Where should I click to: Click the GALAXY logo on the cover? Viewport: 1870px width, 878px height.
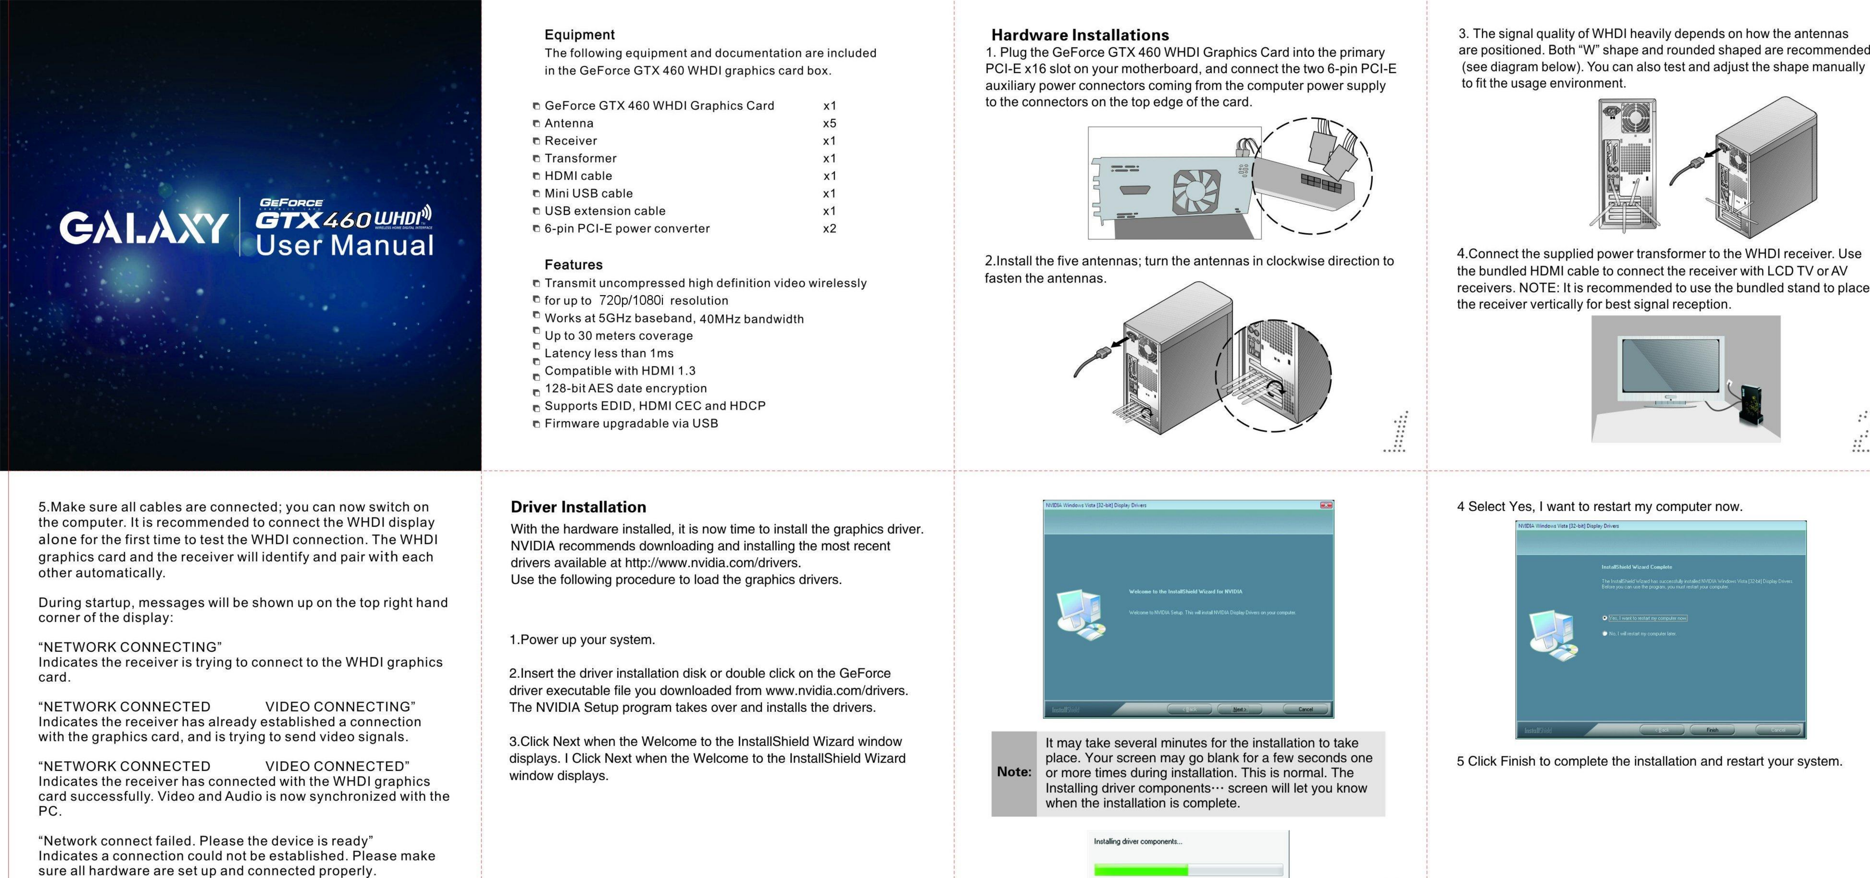tap(144, 228)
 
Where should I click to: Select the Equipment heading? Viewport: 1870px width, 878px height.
tap(579, 35)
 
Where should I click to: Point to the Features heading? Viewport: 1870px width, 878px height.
tap(574, 265)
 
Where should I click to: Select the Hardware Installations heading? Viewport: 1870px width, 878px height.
tap(1080, 35)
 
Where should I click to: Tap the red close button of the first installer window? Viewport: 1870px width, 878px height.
tap(1326, 505)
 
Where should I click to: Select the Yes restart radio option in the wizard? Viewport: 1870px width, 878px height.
tap(1605, 618)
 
